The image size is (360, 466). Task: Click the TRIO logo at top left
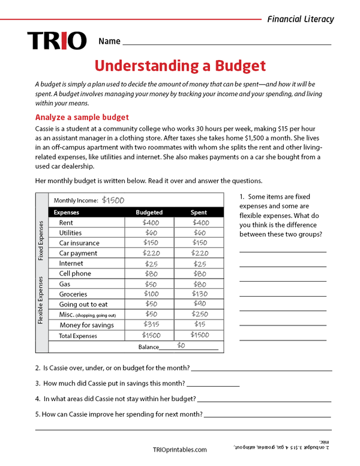pyautogui.click(x=57, y=41)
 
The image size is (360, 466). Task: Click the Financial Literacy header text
pyautogui.click(x=300, y=19)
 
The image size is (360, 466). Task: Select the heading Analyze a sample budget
pyautogui.click(x=82, y=117)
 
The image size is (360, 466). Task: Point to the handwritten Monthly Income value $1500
pyautogui.click(x=113, y=201)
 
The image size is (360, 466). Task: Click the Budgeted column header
pyautogui.click(x=149, y=212)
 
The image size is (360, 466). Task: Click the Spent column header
pyautogui.click(x=199, y=212)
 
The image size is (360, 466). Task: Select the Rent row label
pyautogui.click(x=66, y=223)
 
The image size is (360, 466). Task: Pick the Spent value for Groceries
pyautogui.click(x=199, y=294)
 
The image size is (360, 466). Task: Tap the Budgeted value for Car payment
pyautogui.click(x=151, y=253)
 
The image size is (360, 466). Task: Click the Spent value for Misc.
pyautogui.click(x=199, y=315)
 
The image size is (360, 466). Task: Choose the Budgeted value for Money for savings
pyautogui.click(x=151, y=325)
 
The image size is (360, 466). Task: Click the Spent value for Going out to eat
pyautogui.click(x=199, y=304)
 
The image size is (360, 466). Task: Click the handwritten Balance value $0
pyautogui.click(x=181, y=346)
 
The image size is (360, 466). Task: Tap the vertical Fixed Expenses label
pyautogui.click(x=41, y=240)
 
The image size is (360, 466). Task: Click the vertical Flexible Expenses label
pyautogui.click(x=41, y=300)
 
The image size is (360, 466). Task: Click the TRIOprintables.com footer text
pyautogui.click(x=180, y=449)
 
